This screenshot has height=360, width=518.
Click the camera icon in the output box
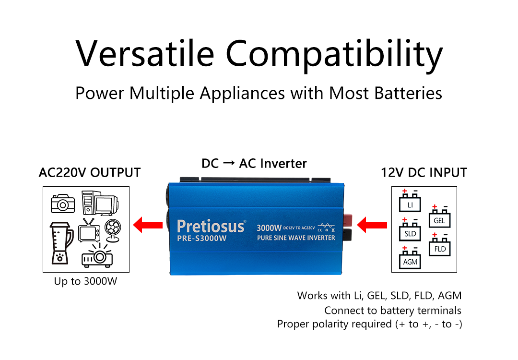pos(63,204)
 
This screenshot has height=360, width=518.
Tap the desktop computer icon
pos(100,203)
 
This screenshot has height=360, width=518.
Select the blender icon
pos(61,243)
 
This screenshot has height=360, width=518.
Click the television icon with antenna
pos(89,230)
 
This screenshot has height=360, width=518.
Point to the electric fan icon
pos(113,230)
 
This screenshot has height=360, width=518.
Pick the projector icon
pos(97,255)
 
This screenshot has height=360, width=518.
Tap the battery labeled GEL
pos(439,216)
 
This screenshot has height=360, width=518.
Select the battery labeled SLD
pos(410,229)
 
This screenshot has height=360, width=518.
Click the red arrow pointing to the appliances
pos(148,225)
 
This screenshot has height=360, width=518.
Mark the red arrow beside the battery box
pos(372,225)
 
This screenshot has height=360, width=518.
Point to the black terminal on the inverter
pos(348,234)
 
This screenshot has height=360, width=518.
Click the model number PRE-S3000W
pos(202,239)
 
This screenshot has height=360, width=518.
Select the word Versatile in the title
pos(145,54)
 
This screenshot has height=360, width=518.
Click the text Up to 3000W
pos(85,281)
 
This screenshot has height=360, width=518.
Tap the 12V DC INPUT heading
pos(424,173)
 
